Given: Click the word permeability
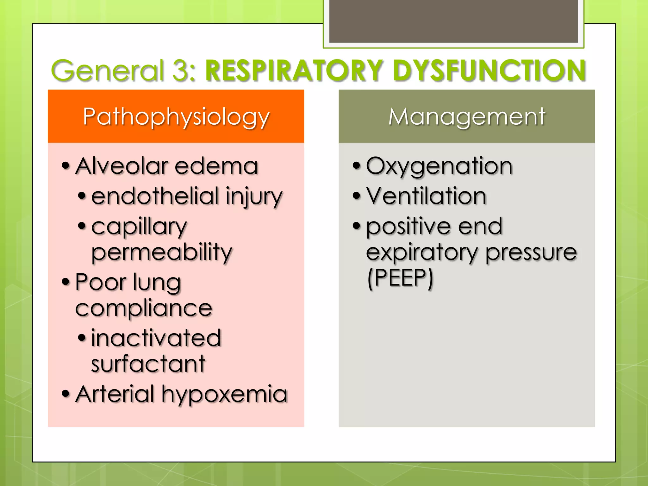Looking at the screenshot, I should coord(162,252).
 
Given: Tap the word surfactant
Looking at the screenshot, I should coord(148,364).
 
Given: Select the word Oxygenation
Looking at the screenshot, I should coord(439,166).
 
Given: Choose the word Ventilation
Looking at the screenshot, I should coord(426,196).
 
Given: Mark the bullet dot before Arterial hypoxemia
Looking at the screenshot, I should coord(65,394).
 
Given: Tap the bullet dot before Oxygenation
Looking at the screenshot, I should coord(357,165).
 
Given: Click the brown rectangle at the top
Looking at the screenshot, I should coord(453,21).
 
